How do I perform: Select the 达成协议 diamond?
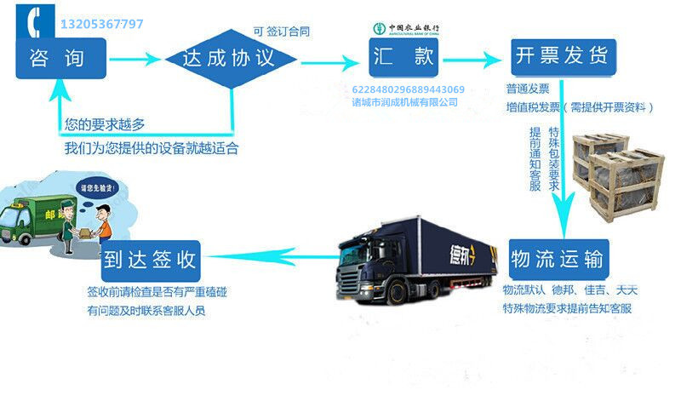tap(230, 58)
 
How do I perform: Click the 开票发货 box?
tap(562, 57)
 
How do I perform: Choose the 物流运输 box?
tap(562, 258)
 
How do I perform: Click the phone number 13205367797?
tap(101, 24)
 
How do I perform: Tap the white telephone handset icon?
tap(37, 21)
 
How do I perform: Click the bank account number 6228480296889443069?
tap(408, 89)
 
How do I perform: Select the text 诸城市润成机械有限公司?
tap(404, 102)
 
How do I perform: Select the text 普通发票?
tap(528, 89)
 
